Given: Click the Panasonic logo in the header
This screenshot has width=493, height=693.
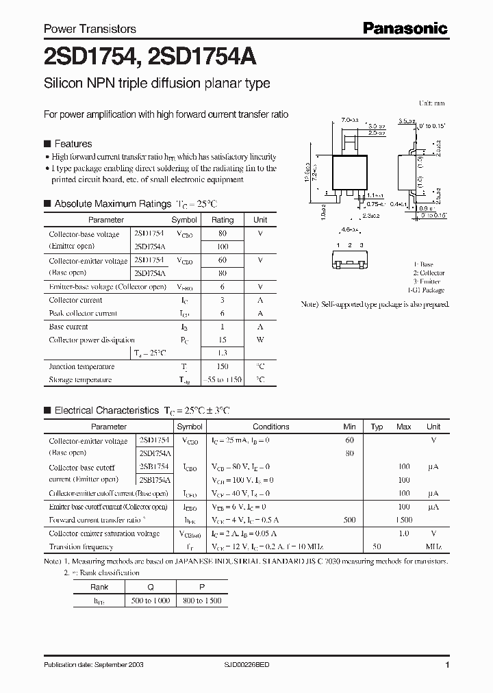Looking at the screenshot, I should pos(405,28).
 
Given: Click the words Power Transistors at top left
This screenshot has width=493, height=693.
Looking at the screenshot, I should pos(90,29).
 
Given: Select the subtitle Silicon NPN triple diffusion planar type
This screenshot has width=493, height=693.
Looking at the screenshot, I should pos(157,84).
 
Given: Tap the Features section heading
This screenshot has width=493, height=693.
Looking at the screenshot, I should pos(73,144).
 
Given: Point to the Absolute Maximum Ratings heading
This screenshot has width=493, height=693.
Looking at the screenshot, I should pos(112,203).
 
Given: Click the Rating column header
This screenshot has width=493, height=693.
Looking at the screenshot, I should pos(222,220).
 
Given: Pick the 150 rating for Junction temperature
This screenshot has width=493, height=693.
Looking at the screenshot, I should pos(222,366).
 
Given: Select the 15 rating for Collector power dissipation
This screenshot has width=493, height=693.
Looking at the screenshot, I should pos(222,340).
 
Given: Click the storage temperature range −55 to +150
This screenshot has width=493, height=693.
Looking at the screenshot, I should pos(222,379).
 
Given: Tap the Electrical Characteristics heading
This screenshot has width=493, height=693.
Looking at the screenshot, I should pos(106,410).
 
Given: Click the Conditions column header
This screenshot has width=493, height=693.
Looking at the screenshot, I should pos(271,426).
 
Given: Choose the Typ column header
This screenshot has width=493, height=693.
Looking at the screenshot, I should pos(377,426).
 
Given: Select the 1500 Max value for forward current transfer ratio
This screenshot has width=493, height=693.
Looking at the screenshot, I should pos(404,520).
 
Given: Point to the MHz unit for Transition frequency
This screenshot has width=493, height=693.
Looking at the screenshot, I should pos(433,546).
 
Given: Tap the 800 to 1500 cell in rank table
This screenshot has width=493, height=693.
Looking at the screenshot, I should pos(202,600).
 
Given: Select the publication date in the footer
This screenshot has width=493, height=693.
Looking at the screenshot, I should pos(94,665).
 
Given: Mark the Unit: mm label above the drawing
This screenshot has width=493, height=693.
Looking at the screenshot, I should pos(431,103).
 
